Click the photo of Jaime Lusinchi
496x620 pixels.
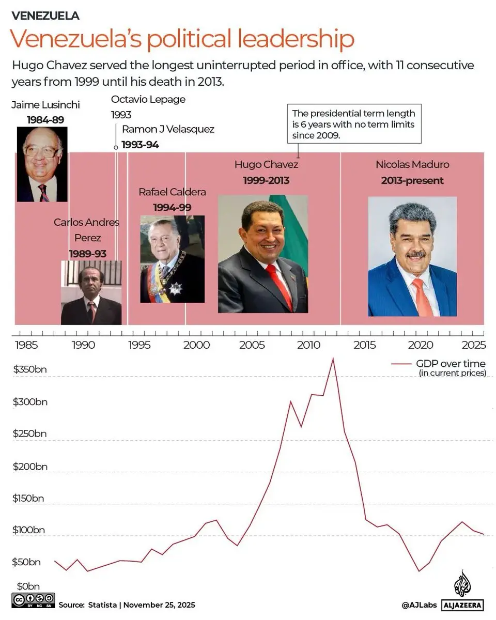coord(42,164)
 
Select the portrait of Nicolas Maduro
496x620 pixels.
coord(412,256)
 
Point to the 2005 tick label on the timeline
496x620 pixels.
coord(253,345)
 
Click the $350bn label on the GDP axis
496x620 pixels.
coord(29,369)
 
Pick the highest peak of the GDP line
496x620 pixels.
coord(333,359)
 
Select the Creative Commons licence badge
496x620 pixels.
coord(32,601)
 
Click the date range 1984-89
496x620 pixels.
coord(45,120)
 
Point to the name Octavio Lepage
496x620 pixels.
coord(148,99)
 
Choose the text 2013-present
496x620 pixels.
coord(412,180)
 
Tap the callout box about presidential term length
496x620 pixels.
coord(354,125)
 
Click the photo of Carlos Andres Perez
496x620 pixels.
coord(91,292)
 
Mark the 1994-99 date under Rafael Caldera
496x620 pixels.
coord(172,207)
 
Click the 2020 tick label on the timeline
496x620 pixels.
coord(421,345)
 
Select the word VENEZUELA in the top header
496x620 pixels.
coord(45,16)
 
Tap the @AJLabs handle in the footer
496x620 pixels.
coord(420,605)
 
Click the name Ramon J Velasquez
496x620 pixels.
coord(168,129)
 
